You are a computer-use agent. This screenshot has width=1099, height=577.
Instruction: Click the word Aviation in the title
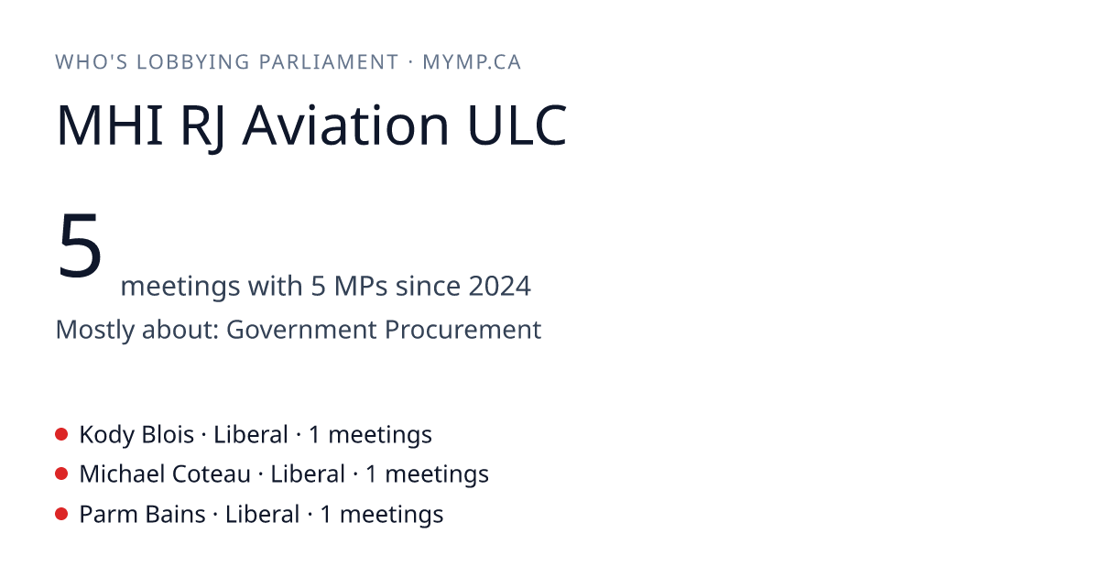click(x=345, y=125)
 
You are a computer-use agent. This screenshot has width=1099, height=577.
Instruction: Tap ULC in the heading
click(x=517, y=125)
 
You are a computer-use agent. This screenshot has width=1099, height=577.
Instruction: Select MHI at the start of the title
click(x=109, y=125)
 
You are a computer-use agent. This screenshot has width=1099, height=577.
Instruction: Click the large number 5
click(x=80, y=245)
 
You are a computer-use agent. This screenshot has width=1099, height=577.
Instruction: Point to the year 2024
click(x=499, y=286)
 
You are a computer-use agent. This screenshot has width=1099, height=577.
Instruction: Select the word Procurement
click(x=462, y=329)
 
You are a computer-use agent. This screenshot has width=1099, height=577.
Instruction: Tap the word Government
click(x=301, y=329)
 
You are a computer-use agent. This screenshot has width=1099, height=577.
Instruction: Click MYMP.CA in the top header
click(x=472, y=62)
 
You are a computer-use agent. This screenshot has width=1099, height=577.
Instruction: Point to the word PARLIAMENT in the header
click(x=329, y=62)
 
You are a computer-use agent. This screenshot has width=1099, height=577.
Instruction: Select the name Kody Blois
click(x=136, y=435)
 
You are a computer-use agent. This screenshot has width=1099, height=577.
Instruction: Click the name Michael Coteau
click(x=165, y=474)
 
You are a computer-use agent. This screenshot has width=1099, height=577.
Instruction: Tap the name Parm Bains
click(x=142, y=515)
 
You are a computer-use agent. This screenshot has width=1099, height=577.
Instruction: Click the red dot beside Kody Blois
click(x=61, y=434)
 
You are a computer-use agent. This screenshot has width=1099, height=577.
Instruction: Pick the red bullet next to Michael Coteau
click(x=61, y=474)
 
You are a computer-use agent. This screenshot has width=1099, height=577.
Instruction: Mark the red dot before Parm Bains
click(x=61, y=514)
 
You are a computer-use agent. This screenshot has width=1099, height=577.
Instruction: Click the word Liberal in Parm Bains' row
click(x=262, y=515)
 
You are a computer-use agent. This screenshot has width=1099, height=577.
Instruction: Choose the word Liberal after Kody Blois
click(x=251, y=435)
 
